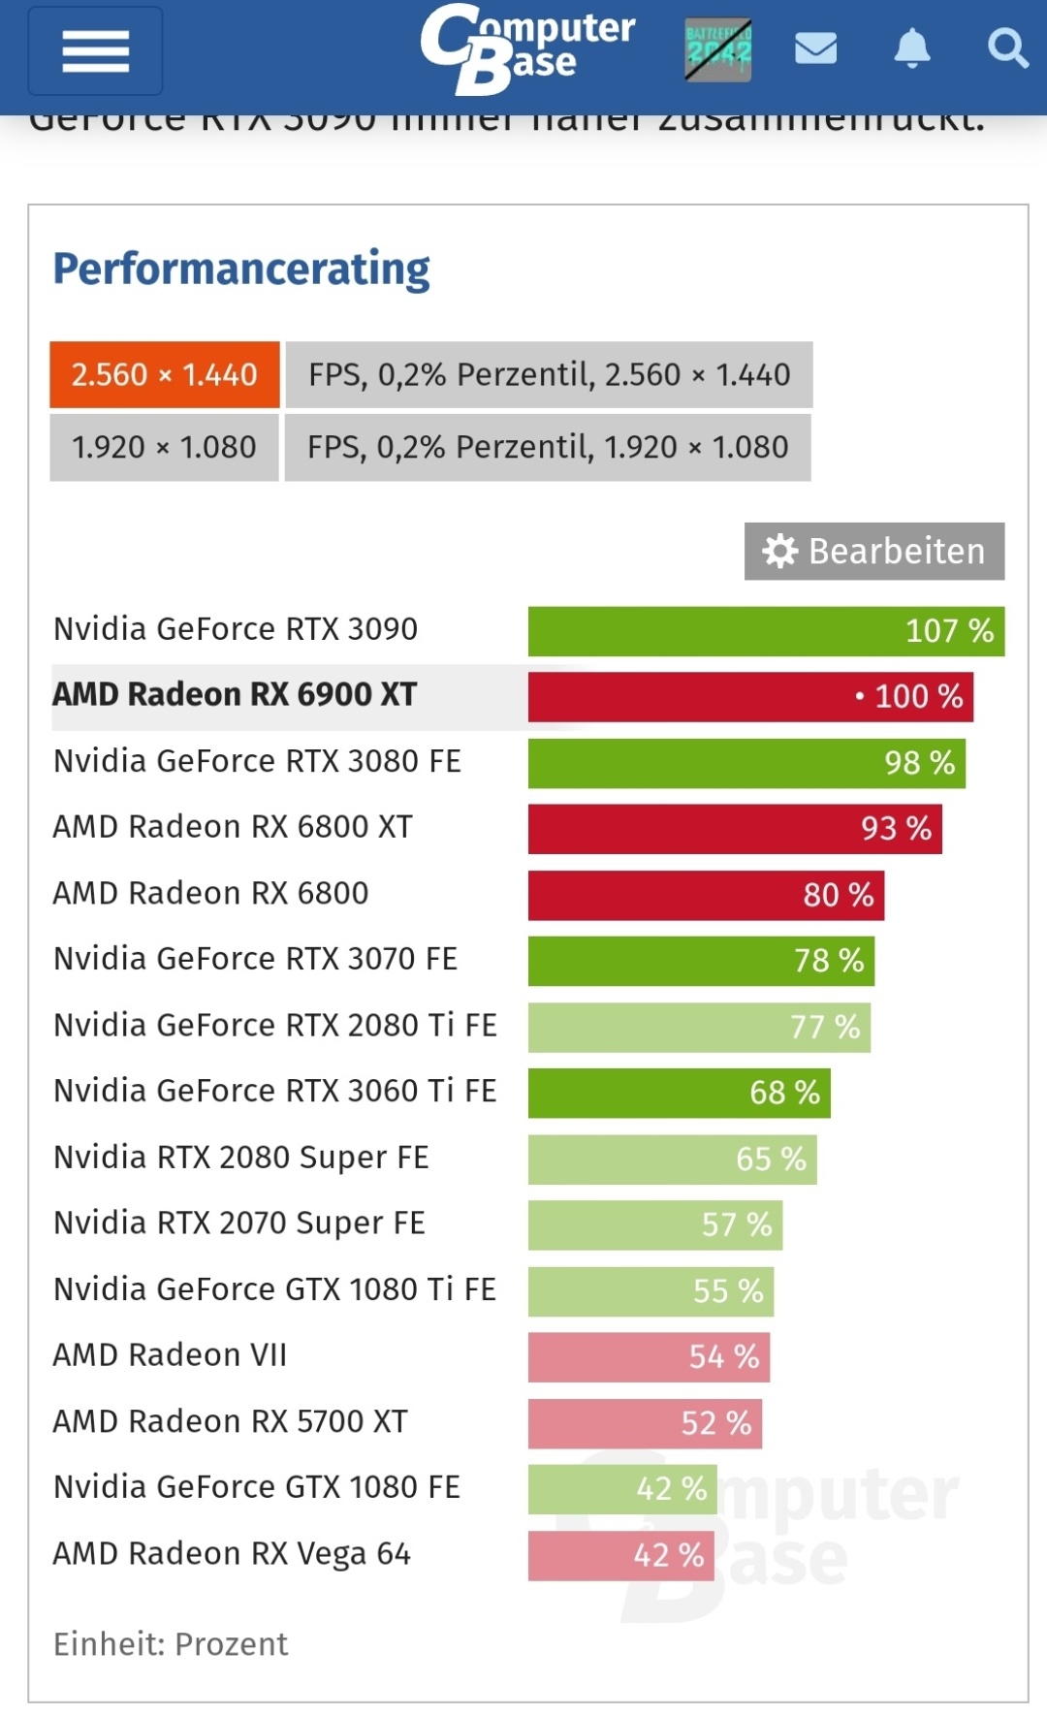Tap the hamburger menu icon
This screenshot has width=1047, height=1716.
[95, 50]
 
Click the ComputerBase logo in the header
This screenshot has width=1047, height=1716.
[527, 48]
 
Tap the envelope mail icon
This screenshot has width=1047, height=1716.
[815, 48]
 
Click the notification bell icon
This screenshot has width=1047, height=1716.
[911, 48]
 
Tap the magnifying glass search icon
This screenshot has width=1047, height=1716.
[1007, 48]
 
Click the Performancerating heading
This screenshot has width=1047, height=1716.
[241, 269]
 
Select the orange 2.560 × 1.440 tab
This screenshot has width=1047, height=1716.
[165, 374]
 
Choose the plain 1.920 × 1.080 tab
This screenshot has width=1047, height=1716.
[164, 447]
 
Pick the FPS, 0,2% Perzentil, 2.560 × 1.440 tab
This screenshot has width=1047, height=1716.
[549, 374]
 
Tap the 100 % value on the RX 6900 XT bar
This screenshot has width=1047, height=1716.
[918, 696]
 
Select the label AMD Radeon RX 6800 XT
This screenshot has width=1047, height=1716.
[233, 827]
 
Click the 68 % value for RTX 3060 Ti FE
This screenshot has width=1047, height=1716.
[784, 1093]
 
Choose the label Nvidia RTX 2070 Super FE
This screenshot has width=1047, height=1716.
[239, 1223]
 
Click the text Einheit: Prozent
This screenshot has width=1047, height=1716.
[171, 1644]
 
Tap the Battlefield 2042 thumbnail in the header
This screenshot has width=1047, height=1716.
[717, 48]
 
